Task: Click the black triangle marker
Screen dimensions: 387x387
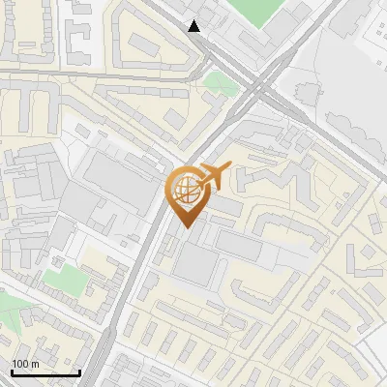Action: (195, 26)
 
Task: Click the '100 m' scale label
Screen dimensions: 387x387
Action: (26, 364)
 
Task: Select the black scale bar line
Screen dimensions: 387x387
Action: (45, 372)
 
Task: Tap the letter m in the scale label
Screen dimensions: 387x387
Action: (35, 364)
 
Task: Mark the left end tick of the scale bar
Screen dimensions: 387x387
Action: (12, 371)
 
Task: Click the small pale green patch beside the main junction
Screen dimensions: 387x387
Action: (221, 83)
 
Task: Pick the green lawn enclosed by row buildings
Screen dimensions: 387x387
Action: (62, 281)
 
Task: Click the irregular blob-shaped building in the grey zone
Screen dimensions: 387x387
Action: (306, 93)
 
